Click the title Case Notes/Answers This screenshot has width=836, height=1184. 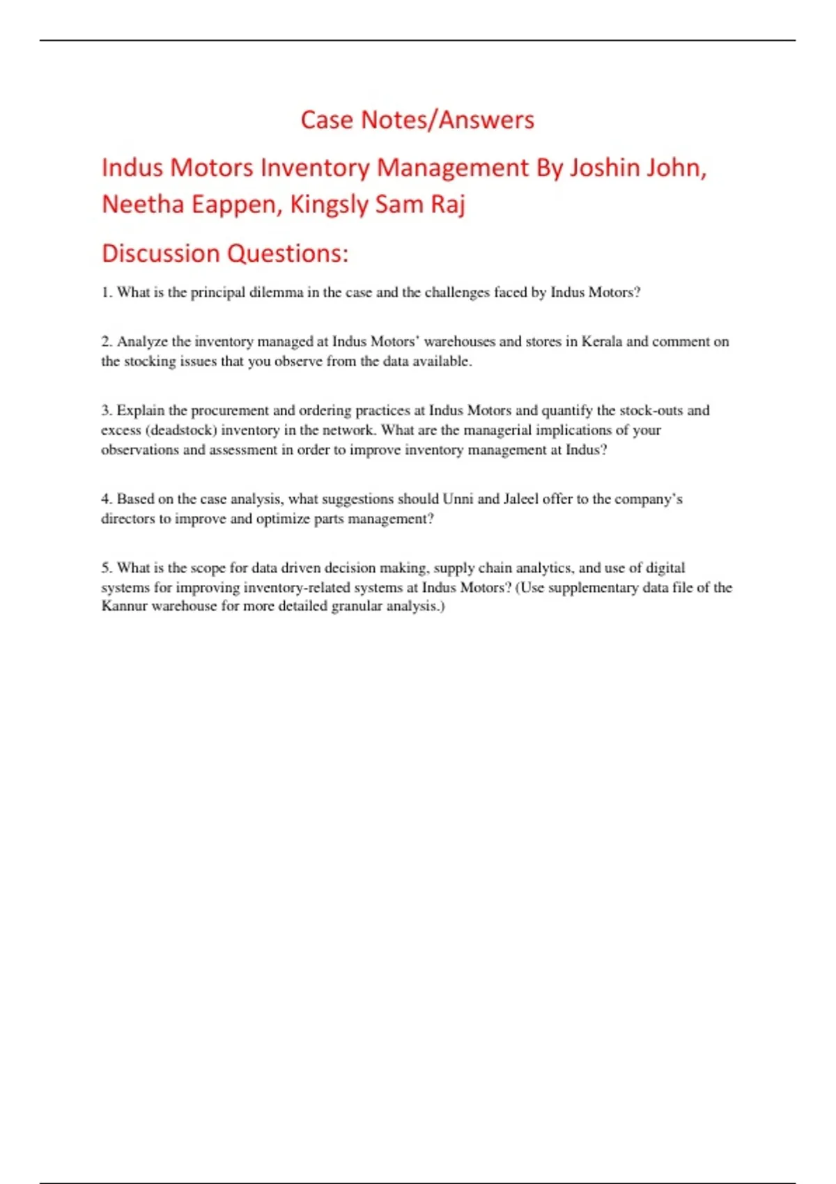pos(417,120)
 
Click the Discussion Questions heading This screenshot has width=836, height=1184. pos(224,254)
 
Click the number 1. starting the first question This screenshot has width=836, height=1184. pos(107,293)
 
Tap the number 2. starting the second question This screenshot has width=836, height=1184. pos(107,341)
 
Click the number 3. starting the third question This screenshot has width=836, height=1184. pos(107,410)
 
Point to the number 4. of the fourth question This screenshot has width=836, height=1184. pos(107,499)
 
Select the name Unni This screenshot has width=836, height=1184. pos(458,499)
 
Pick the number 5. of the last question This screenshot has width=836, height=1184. pos(107,568)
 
